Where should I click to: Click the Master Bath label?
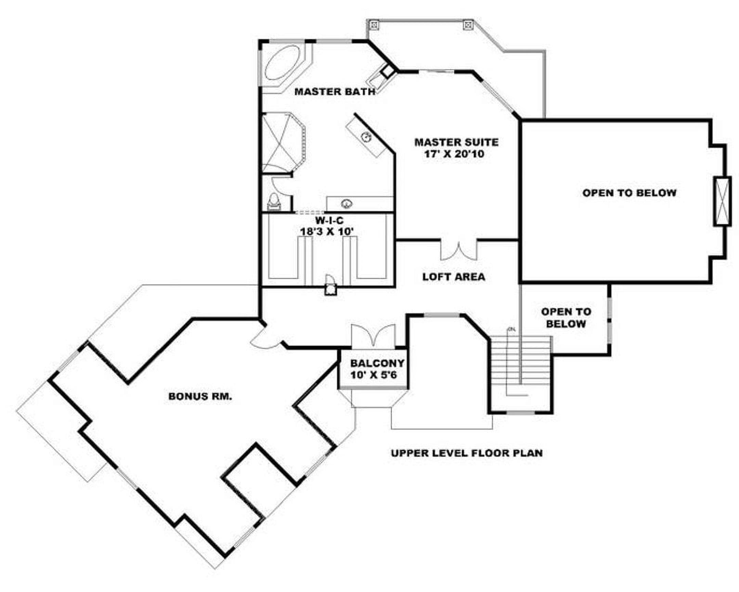coord(335,92)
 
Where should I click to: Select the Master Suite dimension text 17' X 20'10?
coord(454,154)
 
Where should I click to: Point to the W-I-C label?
coord(329,220)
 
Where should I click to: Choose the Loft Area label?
coord(453,276)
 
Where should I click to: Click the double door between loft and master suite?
coord(458,250)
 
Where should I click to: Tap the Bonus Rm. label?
coord(200,396)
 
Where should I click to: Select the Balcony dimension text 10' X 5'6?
coord(374,375)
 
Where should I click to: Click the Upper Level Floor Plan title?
coord(467,453)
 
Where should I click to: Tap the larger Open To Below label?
coord(629,193)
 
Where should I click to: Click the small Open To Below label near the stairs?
coord(566,318)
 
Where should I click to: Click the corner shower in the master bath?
coord(284,142)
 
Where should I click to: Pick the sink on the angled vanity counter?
coord(367,137)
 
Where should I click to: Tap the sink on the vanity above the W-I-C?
coord(347,204)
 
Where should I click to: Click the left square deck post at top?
coord(374,25)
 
